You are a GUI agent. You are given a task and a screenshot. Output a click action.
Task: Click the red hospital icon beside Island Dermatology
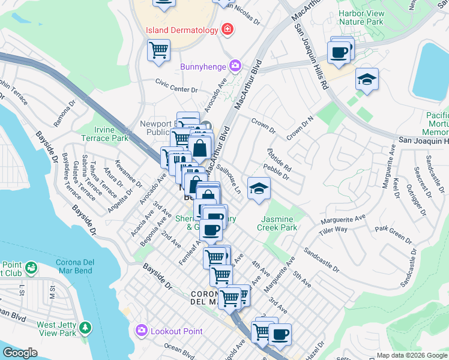tap(228, 29)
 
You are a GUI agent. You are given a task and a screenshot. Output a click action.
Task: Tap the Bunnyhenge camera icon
tap(235, 65)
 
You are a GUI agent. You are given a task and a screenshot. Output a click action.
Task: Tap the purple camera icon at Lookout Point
tap(142, 331)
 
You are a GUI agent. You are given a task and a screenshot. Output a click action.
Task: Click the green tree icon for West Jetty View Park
tap(85, 327)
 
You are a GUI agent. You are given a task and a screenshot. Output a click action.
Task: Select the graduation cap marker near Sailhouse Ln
tap(259, 188)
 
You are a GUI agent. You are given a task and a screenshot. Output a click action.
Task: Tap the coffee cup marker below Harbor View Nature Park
tap(340, 52)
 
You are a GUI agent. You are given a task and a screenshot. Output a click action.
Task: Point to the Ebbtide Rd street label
tap(279, 160)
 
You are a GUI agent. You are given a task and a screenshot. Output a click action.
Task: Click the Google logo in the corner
tap(20, 353)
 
